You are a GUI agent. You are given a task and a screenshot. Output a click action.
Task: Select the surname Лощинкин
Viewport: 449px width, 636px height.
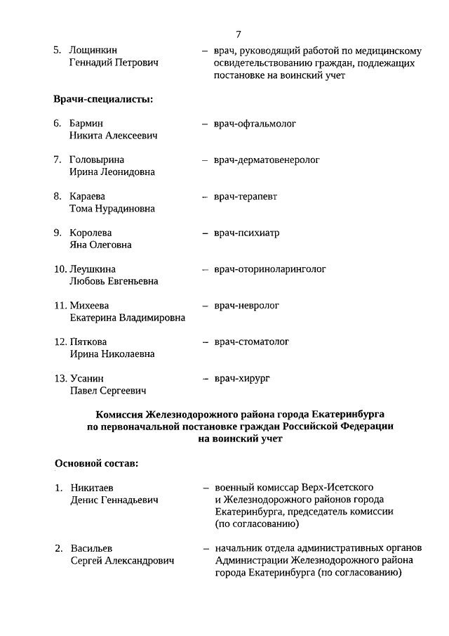[x=93, y=51]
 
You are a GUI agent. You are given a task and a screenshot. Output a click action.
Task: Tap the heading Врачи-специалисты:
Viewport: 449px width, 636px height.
[x=103, y=98]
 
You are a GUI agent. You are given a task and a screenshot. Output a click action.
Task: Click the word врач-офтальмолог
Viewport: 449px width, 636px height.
[x=255, y=124]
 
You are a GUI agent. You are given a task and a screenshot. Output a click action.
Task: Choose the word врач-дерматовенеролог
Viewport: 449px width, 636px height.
[x=267, y=160]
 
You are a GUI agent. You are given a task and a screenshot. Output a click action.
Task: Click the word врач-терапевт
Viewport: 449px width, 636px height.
[x=246, y=197]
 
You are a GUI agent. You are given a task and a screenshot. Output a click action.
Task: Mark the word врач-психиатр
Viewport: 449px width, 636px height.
[x=246, y=233]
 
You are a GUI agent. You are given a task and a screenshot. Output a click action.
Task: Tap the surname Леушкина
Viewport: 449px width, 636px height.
[x=93, y=269]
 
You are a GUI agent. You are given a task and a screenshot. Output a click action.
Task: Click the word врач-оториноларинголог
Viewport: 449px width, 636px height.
[x=270, y=269]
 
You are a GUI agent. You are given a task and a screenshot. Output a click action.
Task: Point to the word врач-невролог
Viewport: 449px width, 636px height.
[x=246, y=306]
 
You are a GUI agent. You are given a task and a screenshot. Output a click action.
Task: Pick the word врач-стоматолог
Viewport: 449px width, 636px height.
[x=252, y=342]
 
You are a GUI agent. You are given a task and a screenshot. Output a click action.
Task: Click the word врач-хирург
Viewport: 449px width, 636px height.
[x=242, y=379]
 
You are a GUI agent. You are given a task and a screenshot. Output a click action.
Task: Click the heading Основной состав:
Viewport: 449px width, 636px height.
[x=96, y=464]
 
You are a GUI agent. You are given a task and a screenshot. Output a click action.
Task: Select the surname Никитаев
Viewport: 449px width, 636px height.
[x=92, y=488]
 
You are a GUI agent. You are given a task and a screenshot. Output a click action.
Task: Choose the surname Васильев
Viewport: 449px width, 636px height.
[x=92, y=548]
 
